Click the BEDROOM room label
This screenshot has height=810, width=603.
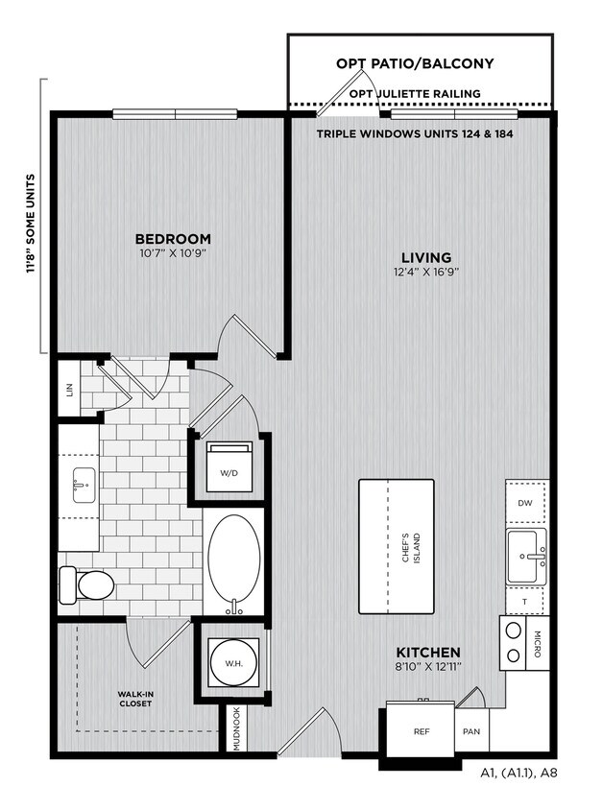coord(173,239)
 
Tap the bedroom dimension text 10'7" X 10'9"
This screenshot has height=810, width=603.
coord(173,253)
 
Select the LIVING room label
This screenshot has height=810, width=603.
coord(426,257)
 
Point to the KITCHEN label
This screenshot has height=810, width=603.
coord(428,652)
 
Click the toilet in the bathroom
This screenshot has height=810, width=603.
coord(86,584)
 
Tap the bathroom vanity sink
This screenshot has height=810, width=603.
coord(84,486)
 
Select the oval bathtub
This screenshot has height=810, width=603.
coord(234,561)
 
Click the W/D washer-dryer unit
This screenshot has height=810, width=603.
coord(229,466)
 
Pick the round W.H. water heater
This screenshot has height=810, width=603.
coord(234,663)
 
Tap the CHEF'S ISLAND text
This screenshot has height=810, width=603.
coord(411,548)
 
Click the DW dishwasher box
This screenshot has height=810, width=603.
coord(526,503)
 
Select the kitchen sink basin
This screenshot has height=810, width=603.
coord(526,557)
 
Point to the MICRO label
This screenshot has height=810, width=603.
coord(538,643)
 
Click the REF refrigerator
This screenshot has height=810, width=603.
coord(422,731)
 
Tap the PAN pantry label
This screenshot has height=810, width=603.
coord(471,731)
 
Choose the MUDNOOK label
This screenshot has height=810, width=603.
coord(236,728)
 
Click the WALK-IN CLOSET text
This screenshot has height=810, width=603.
coord(135,699)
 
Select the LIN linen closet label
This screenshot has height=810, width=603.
coord(70,390)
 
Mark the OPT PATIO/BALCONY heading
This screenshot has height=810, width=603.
coord(415,63)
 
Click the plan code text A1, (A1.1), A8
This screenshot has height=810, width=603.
coord(519,774)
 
